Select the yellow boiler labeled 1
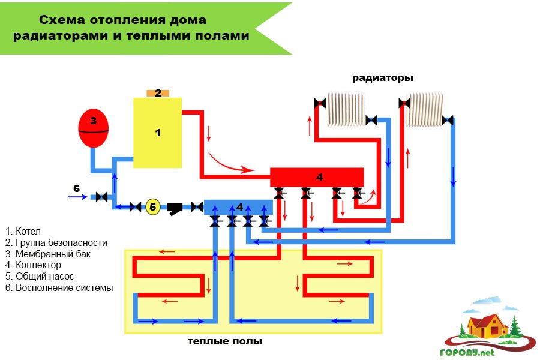tap(157, 133)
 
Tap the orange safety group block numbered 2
tap(158, 93)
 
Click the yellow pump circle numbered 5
tap(153, 207)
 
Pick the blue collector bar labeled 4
tap(238, 207)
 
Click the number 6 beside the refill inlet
tap(76, 188)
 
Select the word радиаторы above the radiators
tap(382, 78)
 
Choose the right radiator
tap(424, 110)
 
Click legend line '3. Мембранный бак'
tap(47, 254)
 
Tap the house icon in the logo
tap(486, 326)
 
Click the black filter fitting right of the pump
tap(175, 208)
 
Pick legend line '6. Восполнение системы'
tap(59, 287)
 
